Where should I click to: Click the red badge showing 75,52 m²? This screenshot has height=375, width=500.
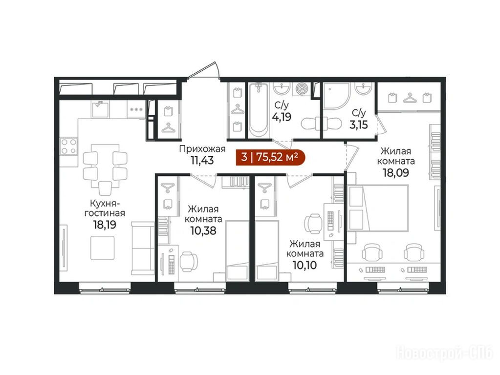pos(270,157)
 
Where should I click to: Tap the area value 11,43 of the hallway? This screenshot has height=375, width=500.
pos(202,160)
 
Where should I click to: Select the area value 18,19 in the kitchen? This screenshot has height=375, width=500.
pos(105,225)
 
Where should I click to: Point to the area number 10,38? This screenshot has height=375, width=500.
pos(203,230)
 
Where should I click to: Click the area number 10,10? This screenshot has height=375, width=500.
pos(305,265)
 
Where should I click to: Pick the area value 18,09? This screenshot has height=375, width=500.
pos(396,172)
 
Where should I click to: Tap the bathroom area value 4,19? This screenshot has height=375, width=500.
pos(282,117)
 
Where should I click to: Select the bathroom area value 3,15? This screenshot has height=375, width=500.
pos(359,125)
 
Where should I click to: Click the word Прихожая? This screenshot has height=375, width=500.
pos(202,149)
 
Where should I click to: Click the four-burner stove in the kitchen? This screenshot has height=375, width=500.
pos(68,146)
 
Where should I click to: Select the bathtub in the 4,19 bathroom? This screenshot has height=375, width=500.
pos(258,110)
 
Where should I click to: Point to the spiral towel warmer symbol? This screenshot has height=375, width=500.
pos(301,89)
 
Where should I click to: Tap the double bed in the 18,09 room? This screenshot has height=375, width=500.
pos(378,208)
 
